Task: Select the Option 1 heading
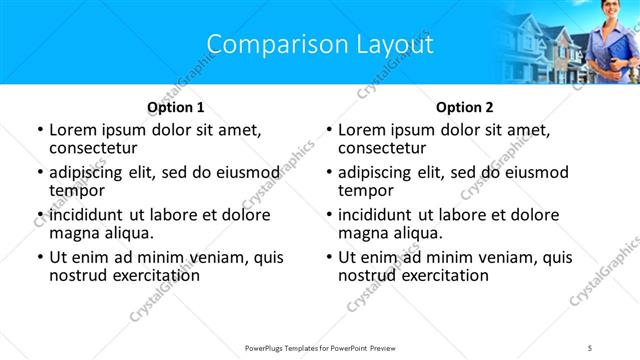[176, 107]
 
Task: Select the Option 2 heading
[465, 107]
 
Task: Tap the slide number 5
[590, 347]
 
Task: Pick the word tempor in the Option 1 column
[75, 190]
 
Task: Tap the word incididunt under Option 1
[86, 215]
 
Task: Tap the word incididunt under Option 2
[375, 215]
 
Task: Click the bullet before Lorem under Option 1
[39, 130]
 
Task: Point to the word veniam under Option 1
[223, 257]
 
